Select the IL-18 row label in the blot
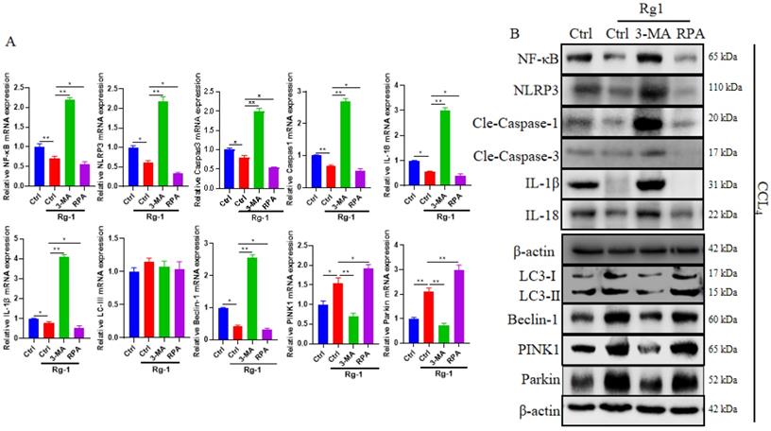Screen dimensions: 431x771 click(x=540, y=215)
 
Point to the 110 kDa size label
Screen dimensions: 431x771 click(x=727, y=91)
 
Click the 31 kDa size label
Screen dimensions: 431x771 click(x=725, y=183)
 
